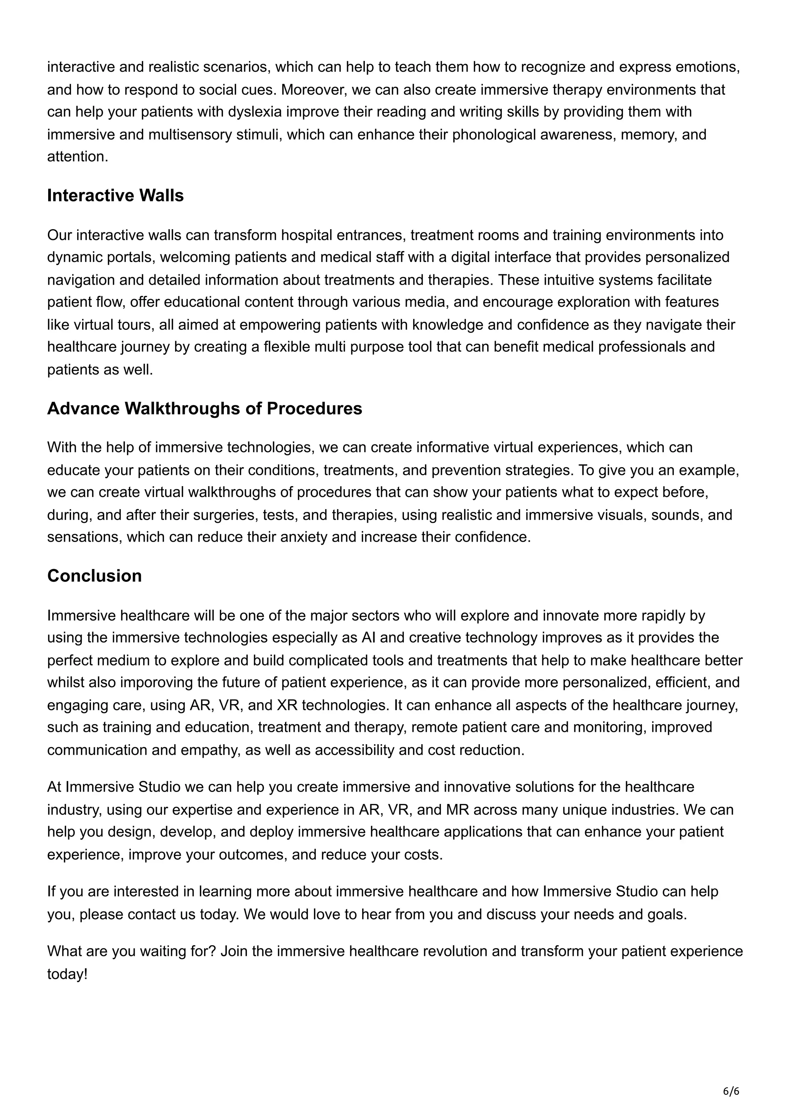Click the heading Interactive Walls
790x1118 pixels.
tap(115, 195)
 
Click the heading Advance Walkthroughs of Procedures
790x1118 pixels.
tap(204, 408)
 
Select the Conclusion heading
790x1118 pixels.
tap(95, 576)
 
